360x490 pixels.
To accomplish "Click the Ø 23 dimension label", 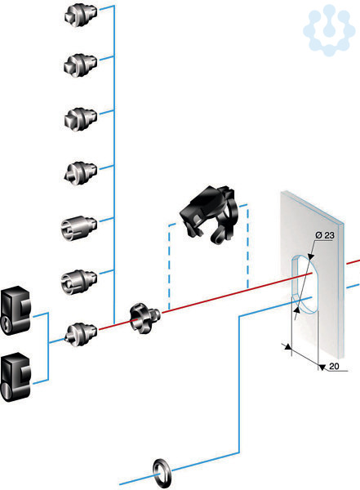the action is click(325, 235).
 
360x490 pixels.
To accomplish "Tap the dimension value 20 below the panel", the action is click(334, 366).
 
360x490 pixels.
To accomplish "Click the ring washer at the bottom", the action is click(162, 473).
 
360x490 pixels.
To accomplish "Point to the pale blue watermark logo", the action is click(329, 30).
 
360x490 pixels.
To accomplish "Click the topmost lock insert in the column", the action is click(81, 15).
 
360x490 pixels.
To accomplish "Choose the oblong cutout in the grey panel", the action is click(305, 283).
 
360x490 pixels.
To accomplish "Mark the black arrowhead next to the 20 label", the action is click(322, 367).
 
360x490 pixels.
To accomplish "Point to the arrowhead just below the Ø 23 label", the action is click(310, 256).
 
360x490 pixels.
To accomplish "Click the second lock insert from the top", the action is click(80, 65).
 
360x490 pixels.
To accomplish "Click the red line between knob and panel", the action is click(237, 292).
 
